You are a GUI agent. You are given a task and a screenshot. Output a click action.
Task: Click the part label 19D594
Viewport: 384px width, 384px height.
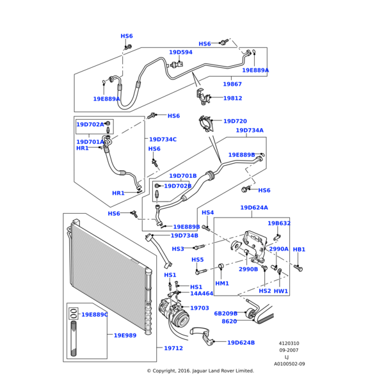coord(180,52)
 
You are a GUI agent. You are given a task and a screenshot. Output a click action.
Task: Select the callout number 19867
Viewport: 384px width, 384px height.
coord(232,84)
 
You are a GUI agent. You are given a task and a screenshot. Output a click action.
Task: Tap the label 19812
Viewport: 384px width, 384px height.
coord(232,99)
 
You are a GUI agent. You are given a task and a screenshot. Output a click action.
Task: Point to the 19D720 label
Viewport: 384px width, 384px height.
coord(235,121)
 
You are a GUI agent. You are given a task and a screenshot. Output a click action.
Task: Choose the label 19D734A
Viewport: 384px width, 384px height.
coord(250,131)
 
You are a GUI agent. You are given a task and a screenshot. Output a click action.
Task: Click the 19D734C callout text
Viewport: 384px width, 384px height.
coord(163,139)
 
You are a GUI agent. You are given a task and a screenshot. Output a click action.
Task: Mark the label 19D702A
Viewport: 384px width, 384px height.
coord(90,125)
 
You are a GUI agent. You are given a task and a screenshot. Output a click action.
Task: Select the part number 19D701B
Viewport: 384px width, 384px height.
coord(183,175)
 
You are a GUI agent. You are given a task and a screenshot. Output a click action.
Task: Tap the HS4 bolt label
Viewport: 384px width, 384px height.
coord(208,212)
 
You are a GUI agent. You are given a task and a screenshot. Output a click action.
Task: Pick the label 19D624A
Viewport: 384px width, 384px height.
coord(254,207)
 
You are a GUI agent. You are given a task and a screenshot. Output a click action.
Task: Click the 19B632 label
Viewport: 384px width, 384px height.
coord(279,223)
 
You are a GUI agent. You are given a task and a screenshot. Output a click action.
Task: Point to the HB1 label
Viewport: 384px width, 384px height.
coord(299,249)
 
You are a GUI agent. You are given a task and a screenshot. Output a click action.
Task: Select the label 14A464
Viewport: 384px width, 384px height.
coord(202,294)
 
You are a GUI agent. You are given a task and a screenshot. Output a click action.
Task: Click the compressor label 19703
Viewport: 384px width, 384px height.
coord(200,308)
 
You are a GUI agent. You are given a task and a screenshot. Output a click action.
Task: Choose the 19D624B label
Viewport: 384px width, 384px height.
coord(241,342)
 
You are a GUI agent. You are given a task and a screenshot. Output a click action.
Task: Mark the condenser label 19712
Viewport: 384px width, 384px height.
coord(173,348)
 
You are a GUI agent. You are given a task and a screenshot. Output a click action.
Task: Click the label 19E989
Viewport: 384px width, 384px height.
coord(125,335)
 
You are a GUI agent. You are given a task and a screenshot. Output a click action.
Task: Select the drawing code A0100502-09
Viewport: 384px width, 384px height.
coord(289,364)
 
